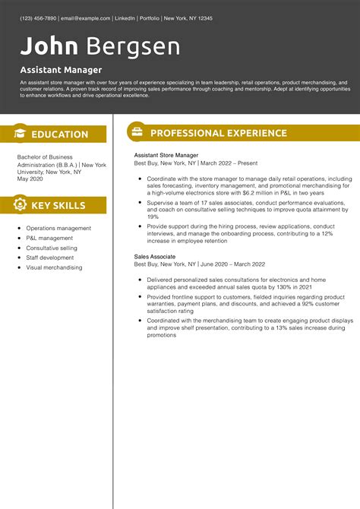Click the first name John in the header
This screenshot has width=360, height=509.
pyautogui.click(x=49, y=46)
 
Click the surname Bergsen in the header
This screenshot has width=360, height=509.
pyautogui.click(x=133, y=46)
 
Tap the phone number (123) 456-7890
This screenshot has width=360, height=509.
pyautogui.click(x=39, y=17)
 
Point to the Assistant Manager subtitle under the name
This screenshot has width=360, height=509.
pyautogui.click(x=61, y=70)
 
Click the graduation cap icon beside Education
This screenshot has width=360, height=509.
pyautogui.click(x=19, y=134)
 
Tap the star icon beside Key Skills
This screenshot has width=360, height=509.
pyautogui.click(x=19, y=205)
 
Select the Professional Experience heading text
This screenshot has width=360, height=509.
pyautogui.click(x=219, y=134)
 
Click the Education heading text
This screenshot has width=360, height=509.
pyautogui.click(x=60, y=134)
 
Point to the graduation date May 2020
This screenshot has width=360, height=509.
pyautogui.click(x=31, y=179)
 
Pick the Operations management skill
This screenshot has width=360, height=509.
pyautogui.click(x=58, y=228)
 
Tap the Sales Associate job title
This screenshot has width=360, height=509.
pyautogui.click(x=155, y=258)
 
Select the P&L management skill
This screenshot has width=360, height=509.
pyautogui.click(x=49, y=238)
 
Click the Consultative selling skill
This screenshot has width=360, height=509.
pyautogui.click(x=52, y=248)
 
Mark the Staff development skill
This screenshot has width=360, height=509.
pyautogui.click(x=50, y=258)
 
